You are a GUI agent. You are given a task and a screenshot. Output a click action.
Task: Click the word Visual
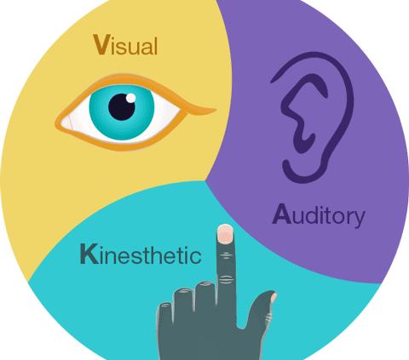[125, 45]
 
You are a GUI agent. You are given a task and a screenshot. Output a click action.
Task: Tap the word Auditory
[319, 215]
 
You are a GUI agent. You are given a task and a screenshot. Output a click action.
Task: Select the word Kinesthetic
[141, 254]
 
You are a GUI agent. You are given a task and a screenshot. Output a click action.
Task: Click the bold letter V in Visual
[101, 44]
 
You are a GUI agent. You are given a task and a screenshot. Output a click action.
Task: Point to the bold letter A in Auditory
[282, 214]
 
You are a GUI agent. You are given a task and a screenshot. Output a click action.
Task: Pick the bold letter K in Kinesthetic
[89, 254]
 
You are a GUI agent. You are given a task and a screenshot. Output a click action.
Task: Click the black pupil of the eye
[122, 107]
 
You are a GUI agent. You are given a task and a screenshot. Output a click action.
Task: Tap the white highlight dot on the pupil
[130, 98]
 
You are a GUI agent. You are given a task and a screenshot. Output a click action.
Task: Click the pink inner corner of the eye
[67, 123]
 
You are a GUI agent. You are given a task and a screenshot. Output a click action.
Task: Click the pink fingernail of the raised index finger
[225, 234]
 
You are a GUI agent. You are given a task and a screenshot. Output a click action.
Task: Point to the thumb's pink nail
[274, 297]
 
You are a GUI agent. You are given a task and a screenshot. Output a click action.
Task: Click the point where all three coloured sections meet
[205, 180]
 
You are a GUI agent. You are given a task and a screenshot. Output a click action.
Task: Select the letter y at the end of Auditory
[359, 219]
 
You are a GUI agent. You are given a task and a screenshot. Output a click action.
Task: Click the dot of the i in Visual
[112, 37]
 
